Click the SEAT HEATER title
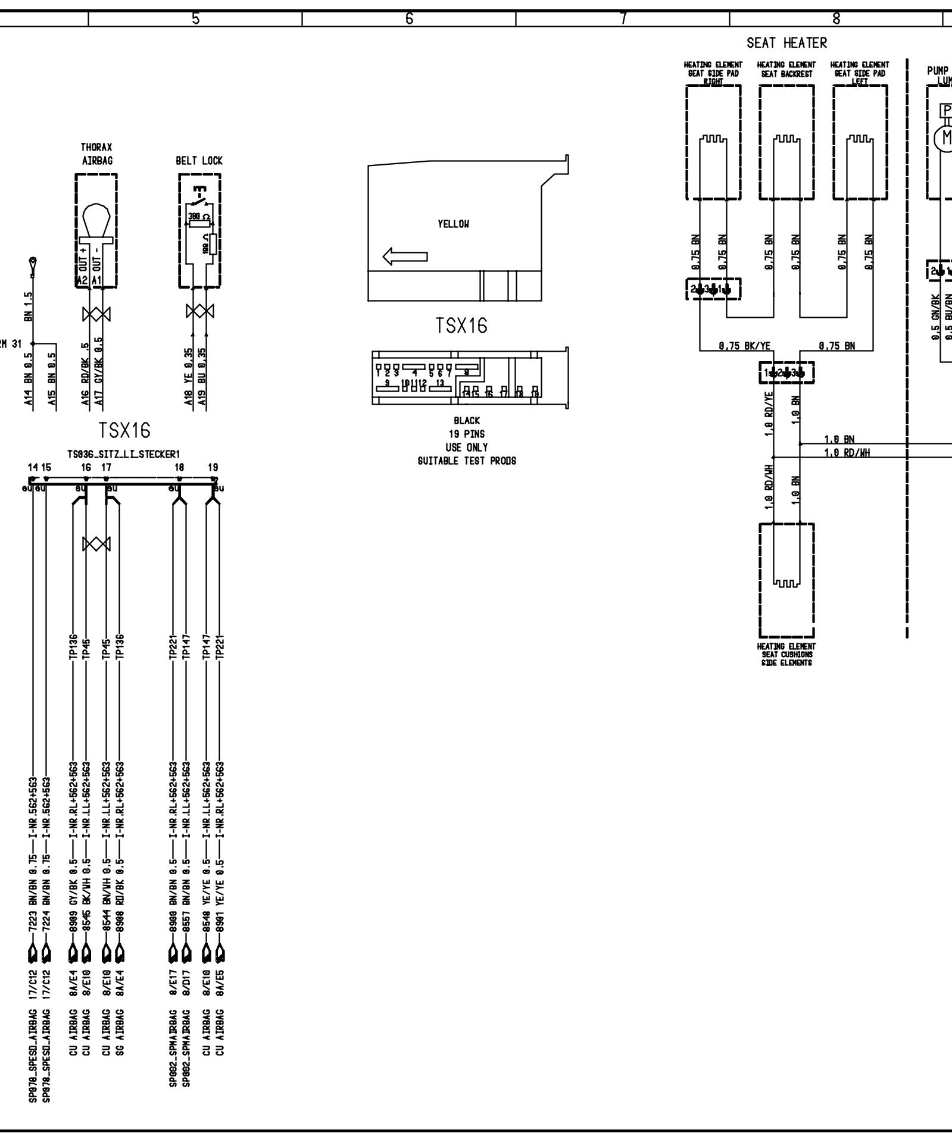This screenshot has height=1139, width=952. pyautogui.click(x=786, y=43)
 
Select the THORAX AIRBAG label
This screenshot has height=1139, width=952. pyautogui.click(x=96, y=154)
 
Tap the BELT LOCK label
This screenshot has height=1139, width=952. pyautogui.click(x=199, y=161)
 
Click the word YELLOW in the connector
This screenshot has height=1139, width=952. pyautogui.click(x=452, y=224)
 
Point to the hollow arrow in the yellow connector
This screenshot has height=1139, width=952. pyautogui.click(x=405, y=257)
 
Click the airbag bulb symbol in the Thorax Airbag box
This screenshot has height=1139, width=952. pyautogui.click(x=95, y=220)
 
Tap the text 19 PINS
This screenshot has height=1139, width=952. pyautogui.click(x=466, y=434)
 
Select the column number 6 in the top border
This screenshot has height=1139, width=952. pyautogui.click(x=409, y=19)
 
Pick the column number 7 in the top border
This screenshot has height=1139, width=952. pyautogui.click(x=623, y=19)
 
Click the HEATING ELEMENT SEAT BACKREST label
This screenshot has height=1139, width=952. pyautogui.click(x=786, y=70)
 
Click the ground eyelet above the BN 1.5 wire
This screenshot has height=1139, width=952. pyautogui.click(x=33, y=262)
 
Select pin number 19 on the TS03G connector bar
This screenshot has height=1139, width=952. pyautogui.click(x=213, y=468)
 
